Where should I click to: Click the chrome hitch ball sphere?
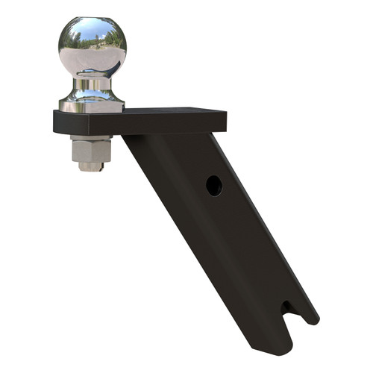(93, 46)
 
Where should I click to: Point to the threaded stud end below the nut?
(91, 166)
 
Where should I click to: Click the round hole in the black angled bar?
(214, 185)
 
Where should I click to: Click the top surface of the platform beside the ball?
(172, 112)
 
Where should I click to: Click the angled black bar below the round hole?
(224, 246)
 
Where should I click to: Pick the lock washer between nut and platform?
(91, 138)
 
